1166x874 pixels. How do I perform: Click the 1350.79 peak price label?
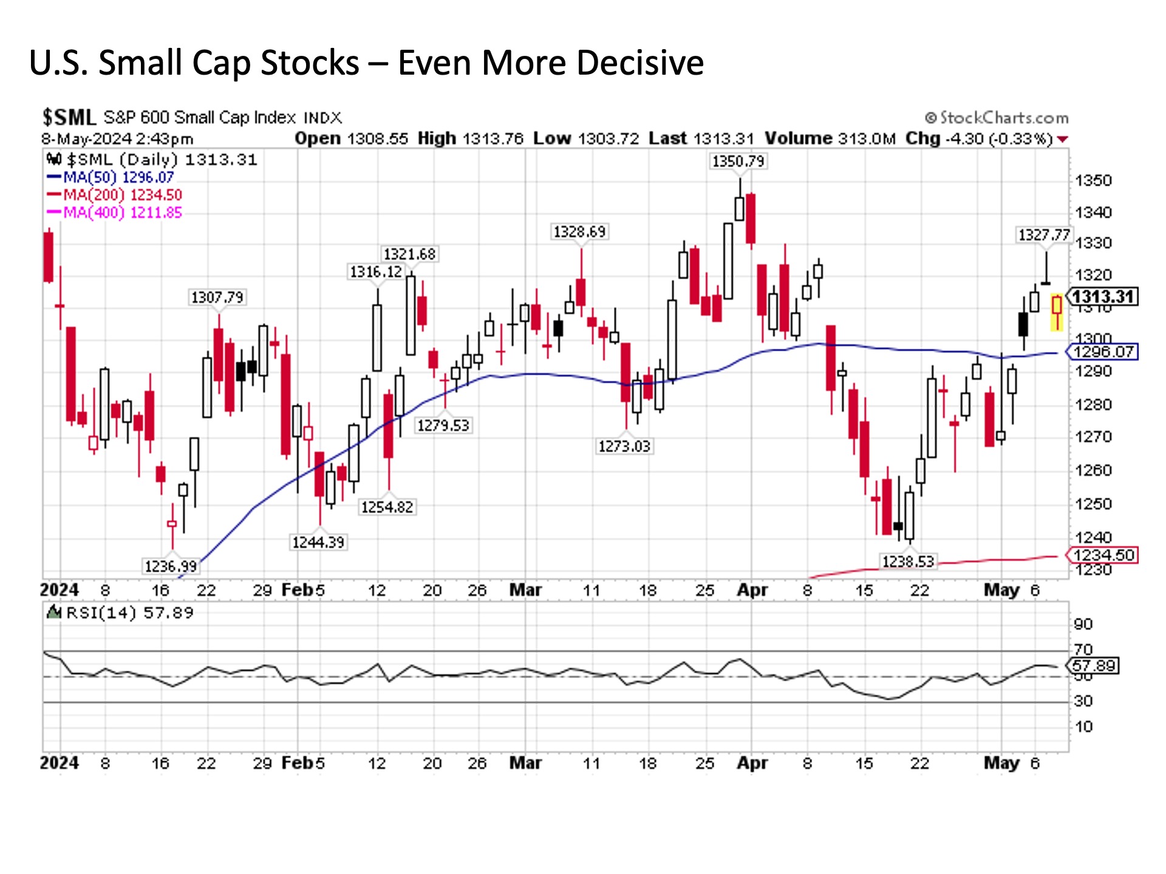click(x=738, y=161)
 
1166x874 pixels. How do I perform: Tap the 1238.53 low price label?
click(x=908, y=561)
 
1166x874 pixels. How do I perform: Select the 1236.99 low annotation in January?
click(x=171, y=566)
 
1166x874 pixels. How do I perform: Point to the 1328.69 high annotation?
click(x=579, y=232)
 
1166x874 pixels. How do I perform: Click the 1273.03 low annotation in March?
click(x=624, y=447)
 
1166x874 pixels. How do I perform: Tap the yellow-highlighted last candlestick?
click(x=1057, y=312)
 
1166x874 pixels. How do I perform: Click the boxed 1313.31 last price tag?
click(x=1103, y=297)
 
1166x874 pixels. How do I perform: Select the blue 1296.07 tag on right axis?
click(x=1103, y=352)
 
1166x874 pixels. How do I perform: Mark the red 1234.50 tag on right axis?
click(x=1103, y=555)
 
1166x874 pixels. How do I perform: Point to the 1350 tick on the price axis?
click(x=1093, y=181)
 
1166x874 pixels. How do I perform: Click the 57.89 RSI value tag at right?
click(x=1094, y=666)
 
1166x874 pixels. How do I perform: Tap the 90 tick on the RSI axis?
click(x=1083, y=625)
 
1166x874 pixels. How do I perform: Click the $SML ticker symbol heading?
click(x=69, y=117)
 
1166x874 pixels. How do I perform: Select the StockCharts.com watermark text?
click(x=997, y=118)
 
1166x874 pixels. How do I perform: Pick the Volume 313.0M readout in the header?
click(x=830, y=139)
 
